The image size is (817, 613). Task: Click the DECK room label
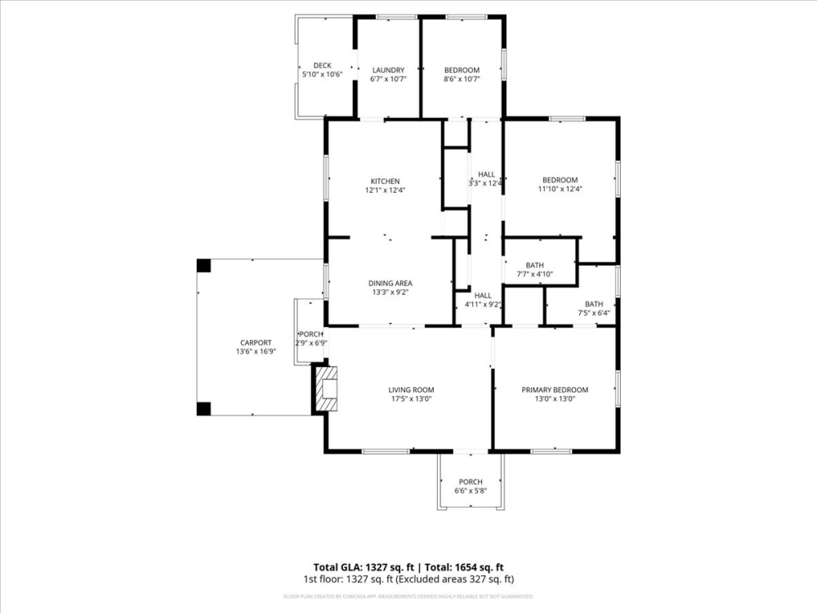click(322, 65)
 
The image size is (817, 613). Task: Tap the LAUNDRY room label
click(388, 70)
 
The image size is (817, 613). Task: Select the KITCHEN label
click(385, 181)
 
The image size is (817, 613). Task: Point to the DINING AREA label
click(390, 283)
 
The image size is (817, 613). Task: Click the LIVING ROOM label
click(411, 390)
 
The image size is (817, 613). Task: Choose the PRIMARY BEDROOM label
click(555, 390)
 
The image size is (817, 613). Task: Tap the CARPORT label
click(256, 342)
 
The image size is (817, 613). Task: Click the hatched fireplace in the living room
click(328, 390)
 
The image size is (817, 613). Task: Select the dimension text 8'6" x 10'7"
click(462, 79)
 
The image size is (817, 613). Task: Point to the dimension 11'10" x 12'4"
click(560, 189)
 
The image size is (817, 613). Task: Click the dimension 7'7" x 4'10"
click(535, 274)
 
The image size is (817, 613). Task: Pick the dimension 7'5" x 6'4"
click(594, 312)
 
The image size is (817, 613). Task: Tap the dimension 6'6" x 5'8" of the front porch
click(470, 490)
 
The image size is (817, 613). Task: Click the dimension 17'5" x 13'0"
click(411, 399)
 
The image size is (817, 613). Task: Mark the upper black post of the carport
click(203, 266)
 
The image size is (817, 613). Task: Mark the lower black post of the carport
click(203, 409)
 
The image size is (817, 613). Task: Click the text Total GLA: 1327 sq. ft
click(364, 566)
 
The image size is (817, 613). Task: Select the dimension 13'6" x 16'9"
click(256, 351)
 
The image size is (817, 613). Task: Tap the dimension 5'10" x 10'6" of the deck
click(322, 74)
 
